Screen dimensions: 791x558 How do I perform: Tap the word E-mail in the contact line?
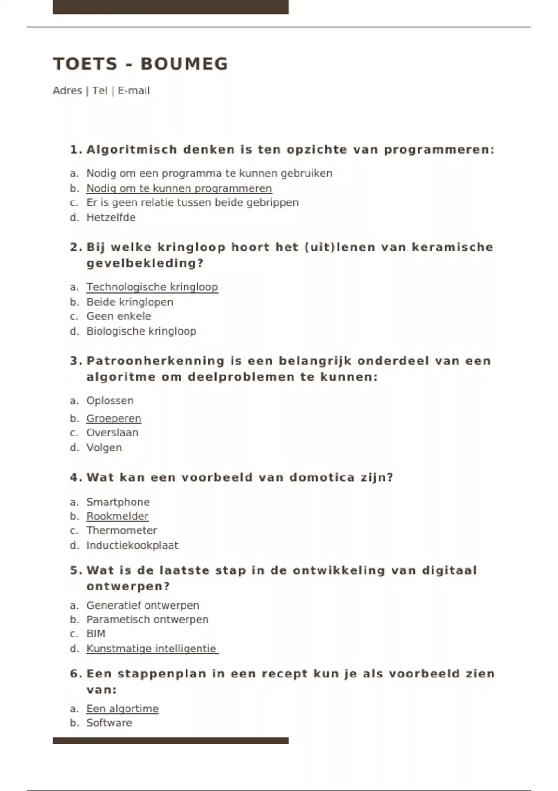coord(133,91)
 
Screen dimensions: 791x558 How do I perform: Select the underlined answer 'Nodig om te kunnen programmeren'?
coord(179,188)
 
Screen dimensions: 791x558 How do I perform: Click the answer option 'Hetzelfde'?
coord(111,217)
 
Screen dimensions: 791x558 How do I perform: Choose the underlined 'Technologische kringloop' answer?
coord(152,287)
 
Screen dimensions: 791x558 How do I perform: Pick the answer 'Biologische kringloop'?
coord(141,331)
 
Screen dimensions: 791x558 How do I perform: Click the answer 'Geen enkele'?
coord(119,316)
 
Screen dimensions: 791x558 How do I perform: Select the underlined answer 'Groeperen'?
coord(114,418)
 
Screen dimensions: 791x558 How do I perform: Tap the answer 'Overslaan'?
coord(112,433)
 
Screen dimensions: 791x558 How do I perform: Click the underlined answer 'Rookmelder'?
coord(118,516)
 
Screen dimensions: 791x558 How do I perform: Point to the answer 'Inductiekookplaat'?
coord(132,545)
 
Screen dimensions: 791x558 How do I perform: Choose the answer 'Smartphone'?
coord(118,502)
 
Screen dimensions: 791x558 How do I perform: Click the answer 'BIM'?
coord(96,634)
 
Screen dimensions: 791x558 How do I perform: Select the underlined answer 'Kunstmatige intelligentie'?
coord(152,649)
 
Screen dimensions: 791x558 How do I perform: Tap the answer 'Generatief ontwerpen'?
coord(143,605)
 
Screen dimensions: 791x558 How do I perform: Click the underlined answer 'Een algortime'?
coord(122,709)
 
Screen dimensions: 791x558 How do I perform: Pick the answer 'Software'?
coord(109,723)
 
